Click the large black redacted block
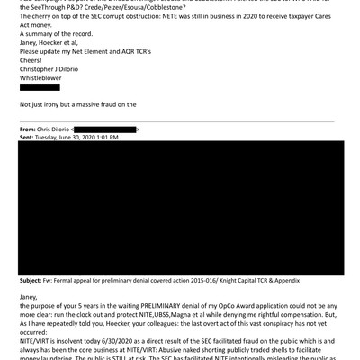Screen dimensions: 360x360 point(181,207)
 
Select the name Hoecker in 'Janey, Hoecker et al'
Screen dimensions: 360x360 point(66,43)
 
